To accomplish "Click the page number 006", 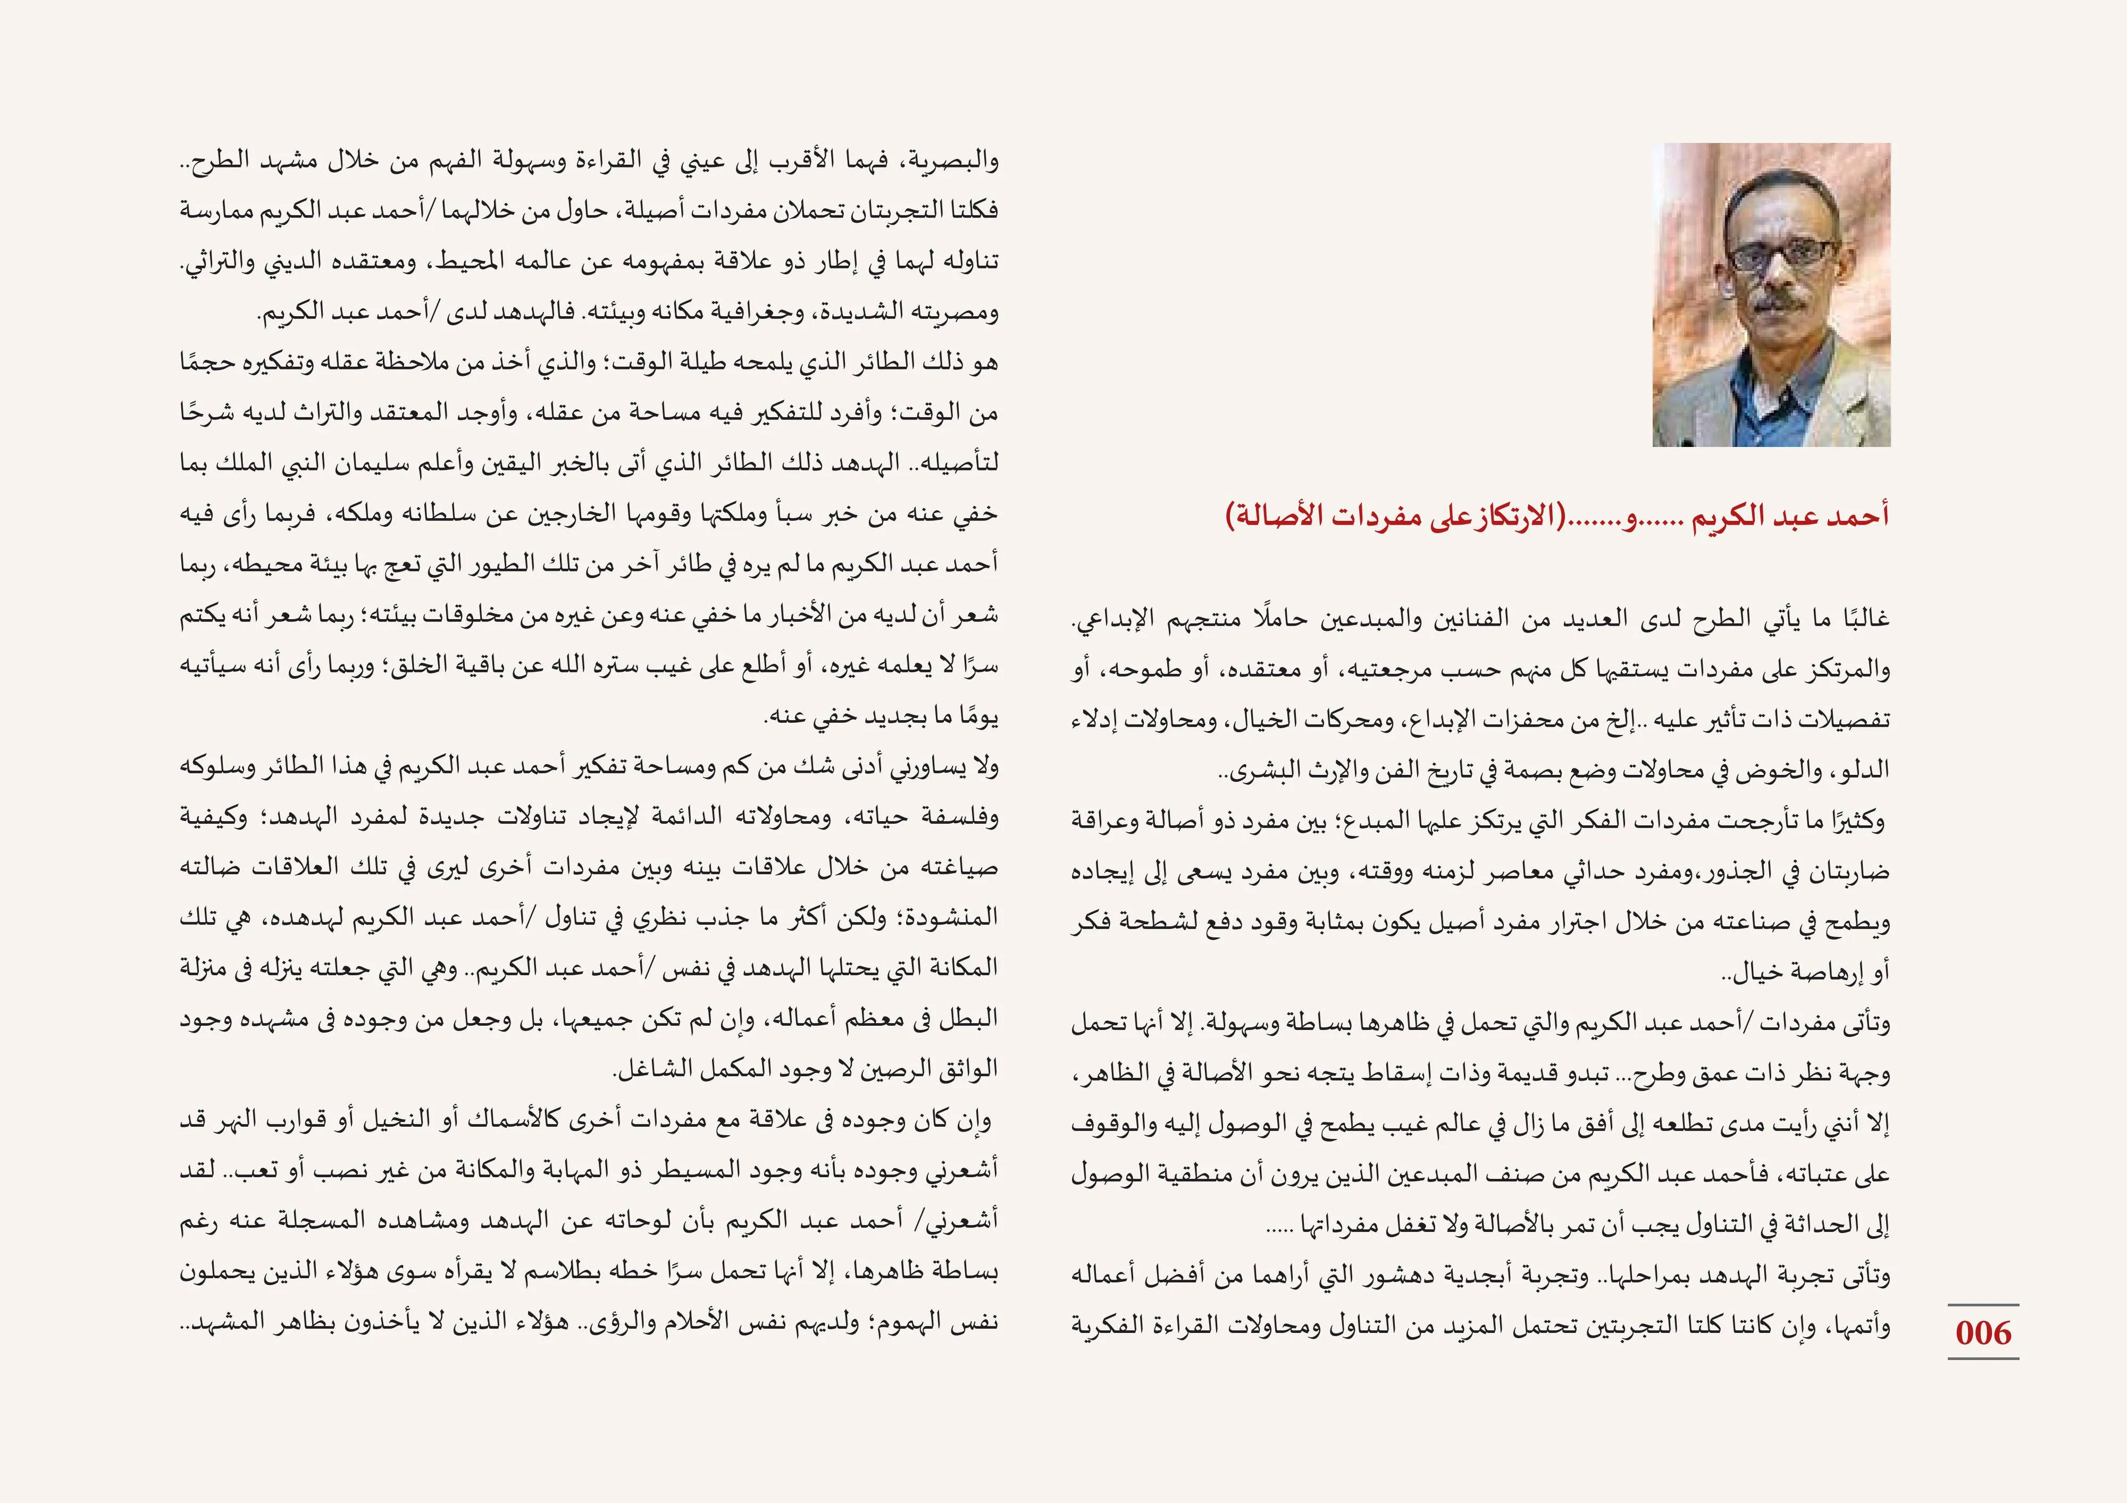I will click(x=1982, y=1332).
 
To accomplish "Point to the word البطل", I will click(x=969, y=1019).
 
